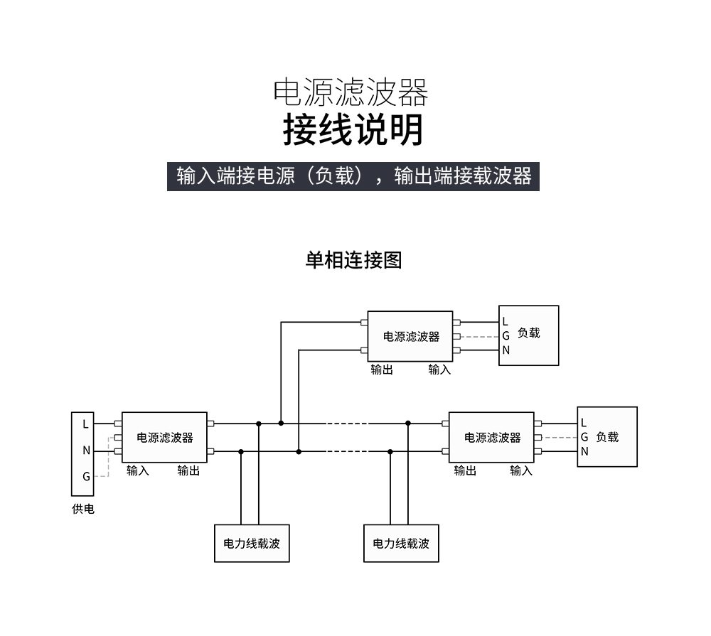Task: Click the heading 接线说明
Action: (x=353, y=130)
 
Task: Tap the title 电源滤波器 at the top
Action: (x=351, y=92)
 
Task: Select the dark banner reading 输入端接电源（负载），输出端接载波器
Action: (x=353, y=176)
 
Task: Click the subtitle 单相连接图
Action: (x=353, y=260)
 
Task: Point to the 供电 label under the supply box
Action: (x=83, y=509)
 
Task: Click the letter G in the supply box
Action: (x=86, y=477)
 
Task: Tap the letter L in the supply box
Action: (x=85, y=424)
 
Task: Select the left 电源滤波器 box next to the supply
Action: (x=164, y=438)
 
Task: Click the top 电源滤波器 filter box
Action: (x=410, y=336)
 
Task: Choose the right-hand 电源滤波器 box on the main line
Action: (x=491, y=438)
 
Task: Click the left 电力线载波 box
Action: (x=252, y=544)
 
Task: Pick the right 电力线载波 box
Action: (x=401, y=544)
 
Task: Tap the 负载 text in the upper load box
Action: (x=529, y=333)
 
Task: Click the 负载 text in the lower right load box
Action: (x=607, y=437)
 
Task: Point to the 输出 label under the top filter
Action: (x=382, y=370)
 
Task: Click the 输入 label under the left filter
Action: (x=138, y=470)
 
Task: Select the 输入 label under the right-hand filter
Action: (x=520, y=470)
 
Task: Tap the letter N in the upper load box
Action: (x=506, y=350)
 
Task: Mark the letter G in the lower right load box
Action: (x=584, y=437)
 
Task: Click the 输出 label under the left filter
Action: (x=188, y=470)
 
